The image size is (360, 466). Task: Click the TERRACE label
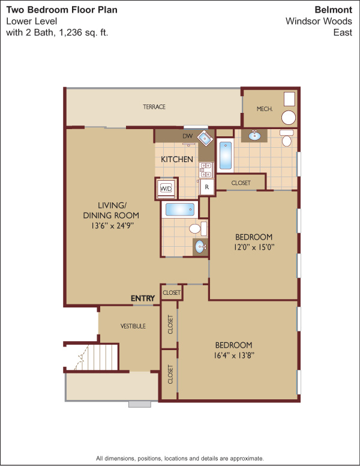click(x=154, y=107)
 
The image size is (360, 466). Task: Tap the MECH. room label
click(x=265, y=109)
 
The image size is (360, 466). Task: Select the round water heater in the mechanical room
click(x=289, y=117)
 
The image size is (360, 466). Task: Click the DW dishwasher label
click(x=187, y=136)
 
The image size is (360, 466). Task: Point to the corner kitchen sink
click(x=206, y=138)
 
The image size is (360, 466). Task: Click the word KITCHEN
click(x=177, y=159)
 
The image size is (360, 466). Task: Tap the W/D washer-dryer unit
click(x=166, y=188)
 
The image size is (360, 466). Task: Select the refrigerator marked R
click(x=207, y=187)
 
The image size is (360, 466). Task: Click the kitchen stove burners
click(x=206, y=170)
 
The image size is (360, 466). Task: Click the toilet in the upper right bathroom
click(x=287, y=138)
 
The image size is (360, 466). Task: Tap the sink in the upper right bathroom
click(x=254, y=136)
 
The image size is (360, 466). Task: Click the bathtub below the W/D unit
click(x=180, y=210)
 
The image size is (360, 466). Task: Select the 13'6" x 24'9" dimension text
click(x=111, y=226)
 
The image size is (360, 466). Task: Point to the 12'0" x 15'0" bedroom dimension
click(x=254, y=247)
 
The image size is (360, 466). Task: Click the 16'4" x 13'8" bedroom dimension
click(x=233, y=355)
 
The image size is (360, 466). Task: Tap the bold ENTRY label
click(x=143, y=298)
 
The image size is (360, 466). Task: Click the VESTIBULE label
click(x=133, y=326)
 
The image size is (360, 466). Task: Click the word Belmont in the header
click(x=333, y=10)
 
